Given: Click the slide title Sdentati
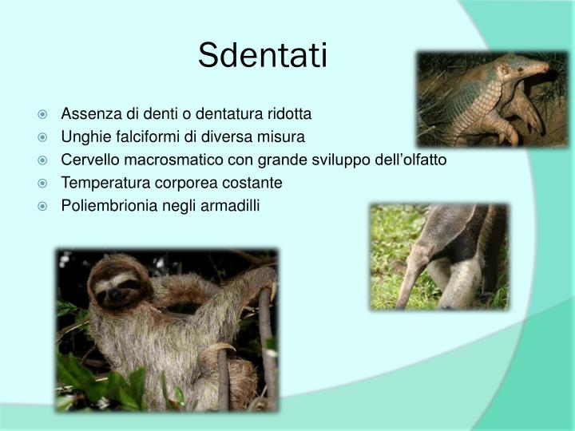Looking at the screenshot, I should (x=263, y=55).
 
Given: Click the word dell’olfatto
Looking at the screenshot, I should (x=408, y=160).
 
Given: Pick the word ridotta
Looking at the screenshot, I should (x=288, y=113).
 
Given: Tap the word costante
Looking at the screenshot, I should (x=256, y=183).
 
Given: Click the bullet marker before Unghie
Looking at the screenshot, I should (x=50, y=136).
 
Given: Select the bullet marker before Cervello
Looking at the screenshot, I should (x=50, y=160).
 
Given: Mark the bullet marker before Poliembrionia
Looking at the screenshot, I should (x=50, y=206).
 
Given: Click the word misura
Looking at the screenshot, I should (x=284, y=136).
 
